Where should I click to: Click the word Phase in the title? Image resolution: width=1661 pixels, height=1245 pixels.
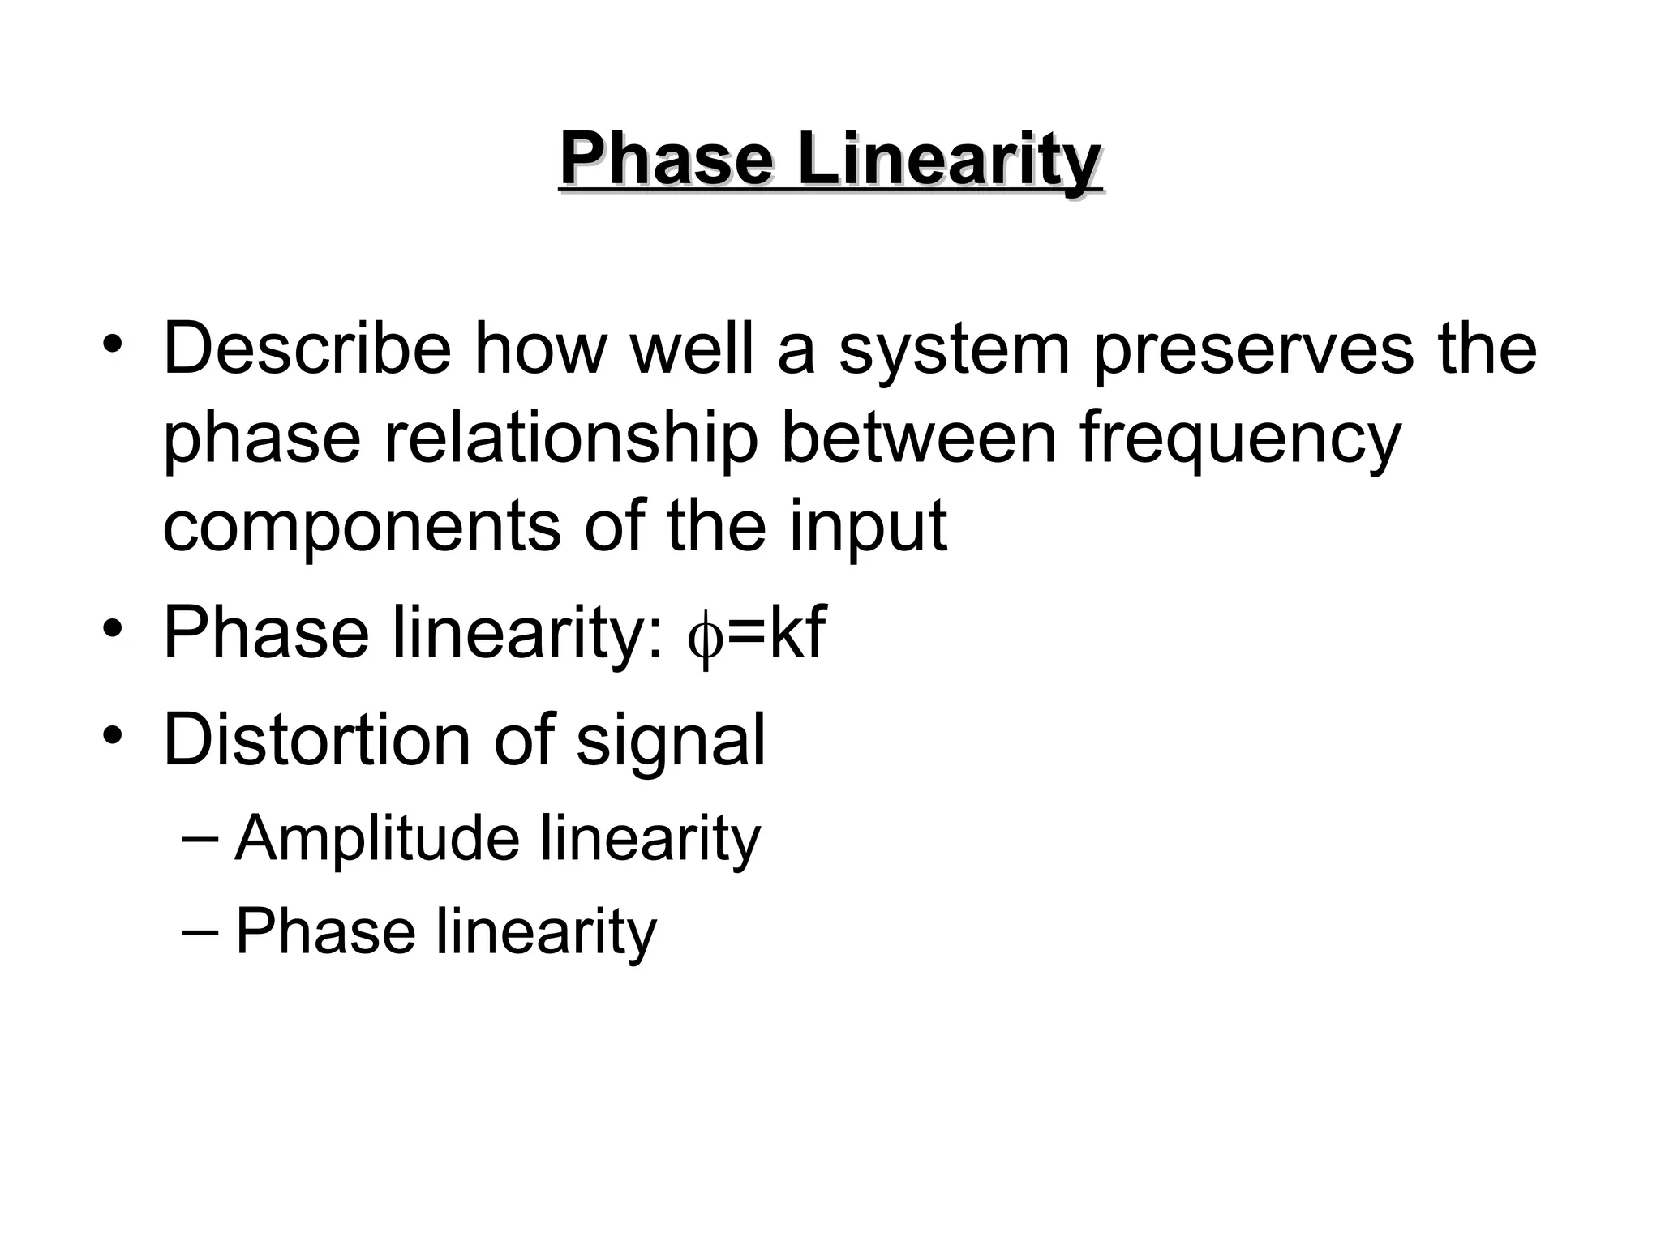pos(666,160)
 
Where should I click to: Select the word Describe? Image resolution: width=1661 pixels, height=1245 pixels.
pos(307,349)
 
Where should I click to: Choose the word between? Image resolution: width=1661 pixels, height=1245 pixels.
pos(919,438)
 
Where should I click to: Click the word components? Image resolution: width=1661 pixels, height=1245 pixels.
pos(361,528)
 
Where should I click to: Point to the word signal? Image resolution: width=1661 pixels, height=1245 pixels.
pos(671,742)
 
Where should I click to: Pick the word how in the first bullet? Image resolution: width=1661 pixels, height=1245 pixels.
pos(539,349)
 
